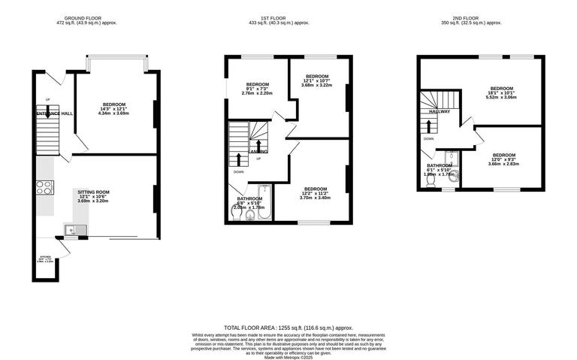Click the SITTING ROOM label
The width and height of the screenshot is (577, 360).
[x=94, y=192]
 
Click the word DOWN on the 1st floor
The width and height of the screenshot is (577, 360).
[x=238, y=172]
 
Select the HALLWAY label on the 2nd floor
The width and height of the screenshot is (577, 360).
[x=440, y=112]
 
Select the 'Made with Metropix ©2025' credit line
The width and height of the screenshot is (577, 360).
[x=288, y=357]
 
